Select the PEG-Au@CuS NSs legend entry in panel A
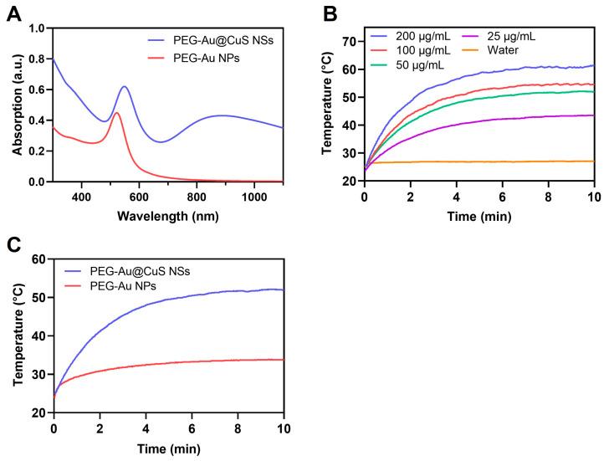pyautogui.click(x=216, y=39)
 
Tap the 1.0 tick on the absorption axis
pyautogui.click(x=35, y=28)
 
